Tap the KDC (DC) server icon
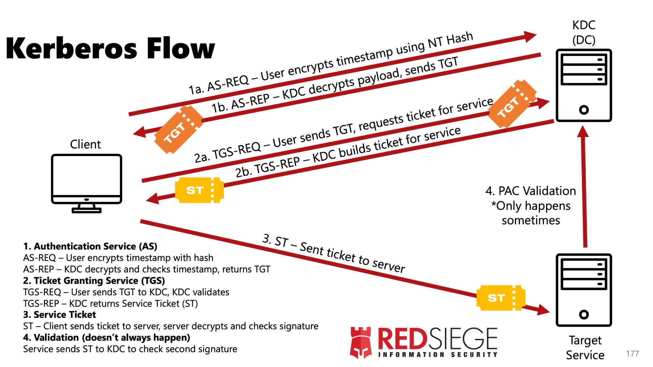pos(583,85)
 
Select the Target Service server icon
pos(583,290)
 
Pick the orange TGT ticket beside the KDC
pos(512,104)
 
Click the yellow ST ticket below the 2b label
pos(199,190)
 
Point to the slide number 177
pos(632,354)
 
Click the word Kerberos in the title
pos(72,48)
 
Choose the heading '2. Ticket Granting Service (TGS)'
pos(94,281)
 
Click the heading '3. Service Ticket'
pos(60,315)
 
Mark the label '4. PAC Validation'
pos(531,191)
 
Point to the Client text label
pos(85,144)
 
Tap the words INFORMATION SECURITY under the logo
pos(437,355)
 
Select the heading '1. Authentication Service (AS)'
pos(90,246)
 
